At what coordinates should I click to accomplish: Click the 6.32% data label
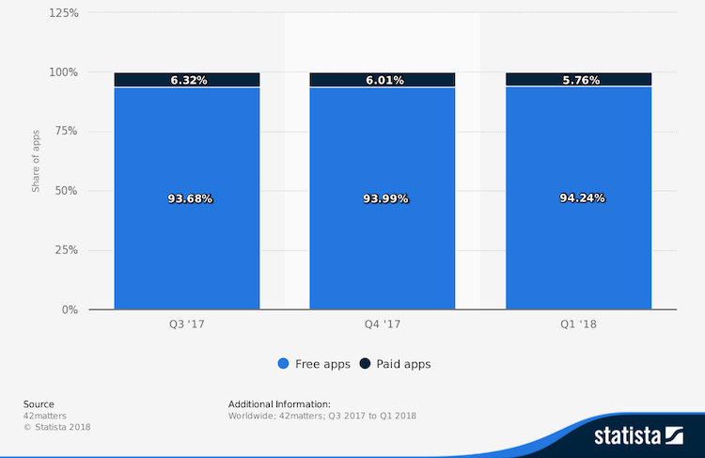coord(189,80)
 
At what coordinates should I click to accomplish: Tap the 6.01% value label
coord(384,80)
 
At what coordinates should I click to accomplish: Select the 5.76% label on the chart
coord(581,80)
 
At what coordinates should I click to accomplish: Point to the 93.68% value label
coord(190,198)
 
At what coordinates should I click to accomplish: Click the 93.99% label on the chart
coord(385,198)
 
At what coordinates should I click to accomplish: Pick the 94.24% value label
coord(582,197)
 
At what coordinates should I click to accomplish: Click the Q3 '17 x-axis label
coord(187,324)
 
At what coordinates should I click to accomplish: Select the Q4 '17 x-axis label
coord(383,324)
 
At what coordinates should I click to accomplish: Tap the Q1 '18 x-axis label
coord(578,324)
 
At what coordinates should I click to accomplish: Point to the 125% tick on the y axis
coord(64,13)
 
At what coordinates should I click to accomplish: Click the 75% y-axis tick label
coord(67,131)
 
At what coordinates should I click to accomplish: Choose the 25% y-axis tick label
coord(67,250)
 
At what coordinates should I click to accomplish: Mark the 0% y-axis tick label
coord(70,309)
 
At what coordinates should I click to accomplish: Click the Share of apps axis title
coord(36,161)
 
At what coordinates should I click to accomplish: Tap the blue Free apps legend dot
coord(283,364)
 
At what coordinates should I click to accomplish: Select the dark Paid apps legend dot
coord(365,364)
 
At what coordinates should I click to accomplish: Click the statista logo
coord(639,436)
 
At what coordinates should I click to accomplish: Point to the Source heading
coord(39,404)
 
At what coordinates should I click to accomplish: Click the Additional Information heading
coord(279,404)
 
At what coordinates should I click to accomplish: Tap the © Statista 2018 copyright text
coord(57,427)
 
